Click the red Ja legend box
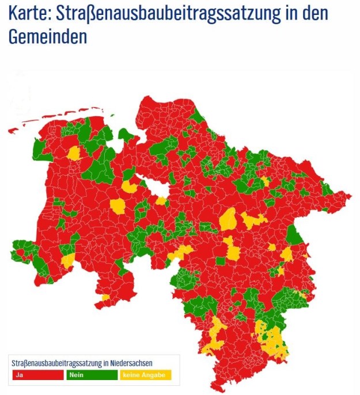pos(37,375)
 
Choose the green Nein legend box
pos(91,375)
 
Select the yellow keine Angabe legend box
pos(145,375)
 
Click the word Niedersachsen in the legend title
pos(132,363)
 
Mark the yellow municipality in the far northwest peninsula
pos(74,153)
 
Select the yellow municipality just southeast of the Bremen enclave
pos(161,201)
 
